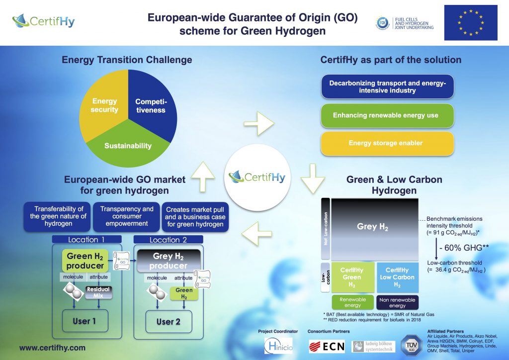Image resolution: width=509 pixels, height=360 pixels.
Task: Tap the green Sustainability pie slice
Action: tap(128, 146)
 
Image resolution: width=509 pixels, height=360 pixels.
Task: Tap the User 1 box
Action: tap(84, 321)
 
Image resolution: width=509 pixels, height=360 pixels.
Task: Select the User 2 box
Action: tap(168, 321)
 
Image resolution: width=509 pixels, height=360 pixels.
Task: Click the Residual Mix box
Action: tap(98, 292)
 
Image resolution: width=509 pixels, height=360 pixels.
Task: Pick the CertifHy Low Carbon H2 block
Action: tap(397, 277)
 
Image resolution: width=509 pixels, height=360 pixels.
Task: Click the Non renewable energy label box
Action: tap(397, 302)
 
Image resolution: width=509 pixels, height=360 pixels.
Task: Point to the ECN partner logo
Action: tap(327, 346)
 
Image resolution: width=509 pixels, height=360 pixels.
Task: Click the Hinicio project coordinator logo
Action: tap(278, 345)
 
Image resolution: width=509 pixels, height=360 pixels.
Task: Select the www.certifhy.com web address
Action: tap(53, 349)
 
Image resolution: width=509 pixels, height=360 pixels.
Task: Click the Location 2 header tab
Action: tap(168, 239)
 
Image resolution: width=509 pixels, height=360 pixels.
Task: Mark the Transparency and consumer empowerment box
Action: tap(127, 216)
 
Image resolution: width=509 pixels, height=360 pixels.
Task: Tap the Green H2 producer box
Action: tap(85, 261)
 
